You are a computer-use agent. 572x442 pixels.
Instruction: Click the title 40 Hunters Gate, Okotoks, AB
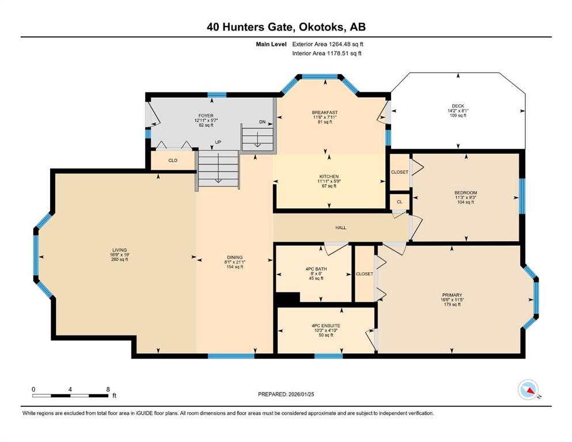click(286, 27)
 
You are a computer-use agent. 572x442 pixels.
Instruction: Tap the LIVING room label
click(120, 250)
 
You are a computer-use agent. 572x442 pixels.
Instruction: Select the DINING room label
click(235, 257)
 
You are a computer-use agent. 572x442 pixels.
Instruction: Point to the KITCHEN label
click(329, 176)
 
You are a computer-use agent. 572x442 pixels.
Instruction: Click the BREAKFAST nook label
click(325, 113)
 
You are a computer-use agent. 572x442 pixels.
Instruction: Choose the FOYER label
click(206, 116)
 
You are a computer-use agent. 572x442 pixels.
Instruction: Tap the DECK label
click(458, 106)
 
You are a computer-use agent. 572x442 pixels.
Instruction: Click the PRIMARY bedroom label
click(452, 295)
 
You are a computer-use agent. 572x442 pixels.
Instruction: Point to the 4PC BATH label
click(316, 269)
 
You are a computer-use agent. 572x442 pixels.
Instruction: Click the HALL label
click(340, 228)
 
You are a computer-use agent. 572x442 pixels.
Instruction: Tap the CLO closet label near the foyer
click(173, 161)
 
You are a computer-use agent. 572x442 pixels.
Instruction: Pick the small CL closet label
click(399, 201)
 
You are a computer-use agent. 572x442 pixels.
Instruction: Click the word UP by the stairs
click(218, 142)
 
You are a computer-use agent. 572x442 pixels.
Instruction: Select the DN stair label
click(262, 121)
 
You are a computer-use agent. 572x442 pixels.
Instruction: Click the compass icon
click(528, 390)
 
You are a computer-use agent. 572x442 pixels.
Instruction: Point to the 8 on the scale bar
click(108, 389)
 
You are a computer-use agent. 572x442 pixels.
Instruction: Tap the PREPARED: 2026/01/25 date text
click(286, 394)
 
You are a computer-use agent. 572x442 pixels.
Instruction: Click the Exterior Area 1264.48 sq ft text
click(328, 44)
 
